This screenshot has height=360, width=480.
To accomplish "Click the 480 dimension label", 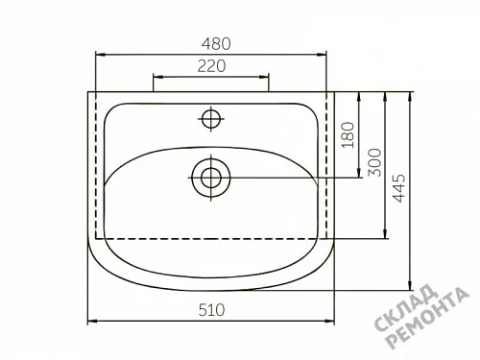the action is coord(216,44).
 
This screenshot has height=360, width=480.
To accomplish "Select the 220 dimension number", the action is coord(211,66).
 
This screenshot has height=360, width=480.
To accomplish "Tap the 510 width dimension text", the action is coord(211,310).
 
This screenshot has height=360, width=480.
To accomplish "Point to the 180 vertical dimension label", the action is coord(348,134).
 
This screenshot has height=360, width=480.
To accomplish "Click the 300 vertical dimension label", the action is coord(375,162).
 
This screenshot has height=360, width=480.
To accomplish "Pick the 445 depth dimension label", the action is coord(398,188).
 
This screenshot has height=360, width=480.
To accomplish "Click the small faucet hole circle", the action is coord(211,119).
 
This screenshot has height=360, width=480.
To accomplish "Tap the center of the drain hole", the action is coord(211,178).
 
